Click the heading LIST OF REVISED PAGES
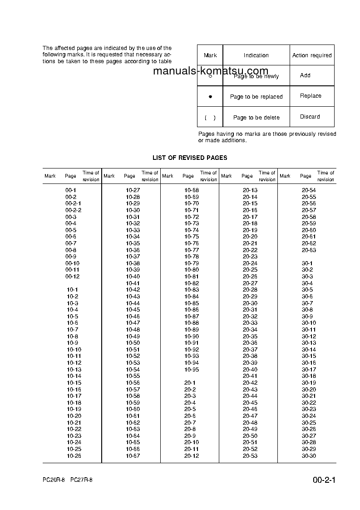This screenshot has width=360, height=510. [190, 158]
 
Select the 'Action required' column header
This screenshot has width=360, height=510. [312, 55]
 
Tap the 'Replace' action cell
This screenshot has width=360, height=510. [311, 96]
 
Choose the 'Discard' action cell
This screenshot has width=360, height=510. [310, 117]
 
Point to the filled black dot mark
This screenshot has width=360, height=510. [210, 97]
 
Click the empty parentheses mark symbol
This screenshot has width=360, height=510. [210, 118]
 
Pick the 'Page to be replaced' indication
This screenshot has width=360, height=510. [256, 97]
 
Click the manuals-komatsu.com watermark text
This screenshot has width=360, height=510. [211, 71]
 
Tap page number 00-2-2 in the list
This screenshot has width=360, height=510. [73, 210]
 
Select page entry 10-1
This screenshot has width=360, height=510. [72, 290]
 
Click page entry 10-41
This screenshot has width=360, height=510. [133, 283]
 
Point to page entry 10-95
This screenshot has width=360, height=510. [192, 370]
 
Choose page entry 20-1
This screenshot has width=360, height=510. [190, 383]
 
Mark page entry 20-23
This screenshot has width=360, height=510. [250, 257]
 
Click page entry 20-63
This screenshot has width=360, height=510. [309, 250]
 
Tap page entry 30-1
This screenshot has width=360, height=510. [307, 263]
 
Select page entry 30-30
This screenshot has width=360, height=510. [309, 456]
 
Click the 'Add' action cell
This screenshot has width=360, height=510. [305, 75]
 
